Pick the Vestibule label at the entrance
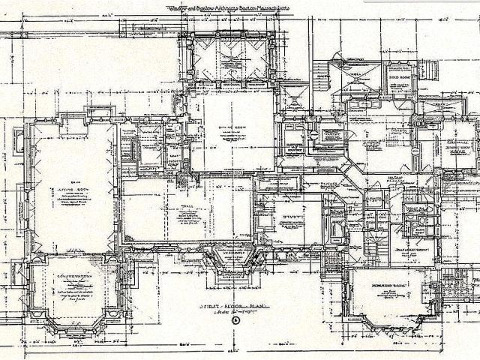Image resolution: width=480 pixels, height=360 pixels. click(235, 253)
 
